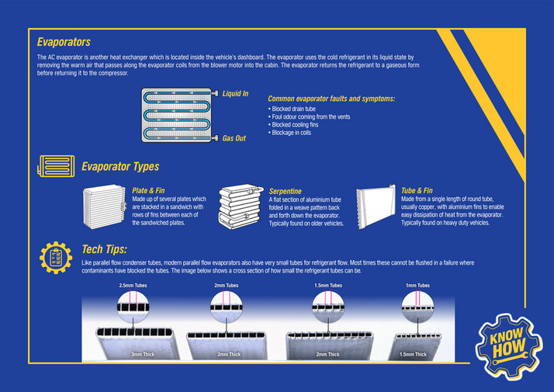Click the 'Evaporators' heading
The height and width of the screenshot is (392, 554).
point(64,42)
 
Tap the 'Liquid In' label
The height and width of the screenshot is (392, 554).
point(235,94)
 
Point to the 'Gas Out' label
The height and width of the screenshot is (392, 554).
point(234,138)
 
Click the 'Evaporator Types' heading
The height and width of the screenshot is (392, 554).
point(120,166)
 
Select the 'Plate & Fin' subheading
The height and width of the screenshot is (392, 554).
point(148,189)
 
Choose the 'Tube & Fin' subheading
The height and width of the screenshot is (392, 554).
point(417,189)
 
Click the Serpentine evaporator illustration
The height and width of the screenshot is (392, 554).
point(241,206)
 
